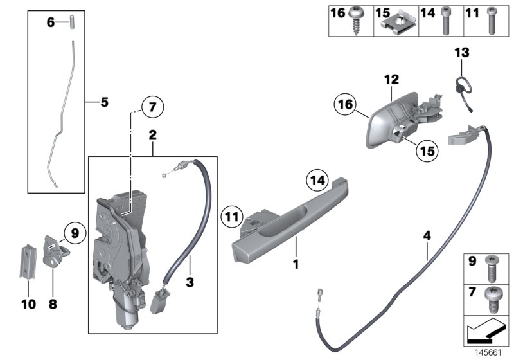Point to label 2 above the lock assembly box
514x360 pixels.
coord(152,135)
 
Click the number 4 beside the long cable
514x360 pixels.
coord(427,237)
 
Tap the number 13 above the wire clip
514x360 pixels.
coord(462,51)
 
